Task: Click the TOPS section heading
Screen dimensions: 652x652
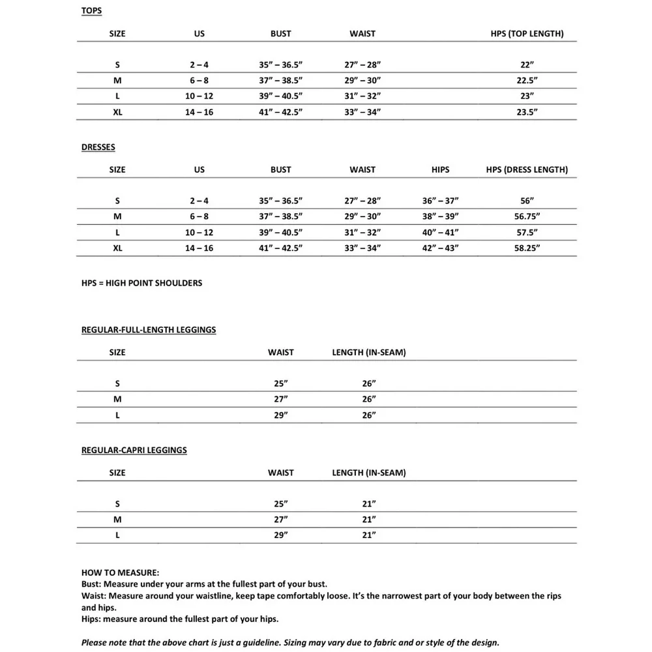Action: (91, 11)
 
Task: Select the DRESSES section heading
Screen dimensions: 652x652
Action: (98, 147)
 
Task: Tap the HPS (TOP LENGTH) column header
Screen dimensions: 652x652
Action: (527, 34)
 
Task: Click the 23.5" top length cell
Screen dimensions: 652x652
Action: (527, 112)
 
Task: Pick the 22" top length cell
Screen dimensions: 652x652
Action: (527, 65)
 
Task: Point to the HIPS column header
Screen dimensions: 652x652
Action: (441, 170)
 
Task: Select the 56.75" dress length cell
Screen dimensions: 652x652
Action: (527, 216)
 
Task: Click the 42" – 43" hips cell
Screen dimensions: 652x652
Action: (441, 248)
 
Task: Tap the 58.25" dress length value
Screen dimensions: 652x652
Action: (527, 248)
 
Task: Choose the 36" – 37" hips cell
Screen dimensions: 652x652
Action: (441, 201)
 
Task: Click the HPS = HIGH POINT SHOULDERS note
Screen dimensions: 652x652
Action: (141, 283)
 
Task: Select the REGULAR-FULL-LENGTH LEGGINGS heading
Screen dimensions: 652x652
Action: (148, 330)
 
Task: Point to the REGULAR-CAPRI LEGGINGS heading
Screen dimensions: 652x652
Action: (134, 451)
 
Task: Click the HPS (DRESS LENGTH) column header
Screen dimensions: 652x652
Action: (527, 170)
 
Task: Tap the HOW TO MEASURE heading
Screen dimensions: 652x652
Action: (120, 572)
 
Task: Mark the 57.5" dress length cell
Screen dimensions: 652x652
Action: (527, 232)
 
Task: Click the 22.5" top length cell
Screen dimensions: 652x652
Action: (527, 81)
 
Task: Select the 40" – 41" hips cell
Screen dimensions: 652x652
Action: (441, 232)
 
